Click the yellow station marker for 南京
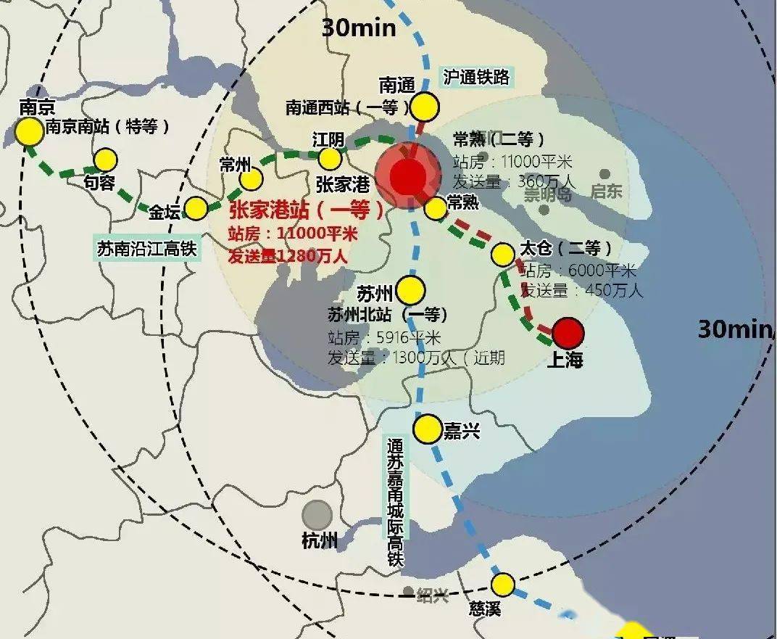[x=30, y=132]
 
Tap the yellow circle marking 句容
[x=106, y=160]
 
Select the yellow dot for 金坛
[x=196, y=209]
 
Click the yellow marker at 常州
[x=252, y=178]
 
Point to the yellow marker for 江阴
[x=331, y=158]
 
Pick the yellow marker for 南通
[x=425, y=107]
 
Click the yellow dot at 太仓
[x=502, y=255]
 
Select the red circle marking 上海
[x=568, y=333]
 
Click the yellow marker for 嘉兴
[x=428, y=429]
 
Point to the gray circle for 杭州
[x=317, y=515]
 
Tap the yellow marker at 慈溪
[x=502, y=584]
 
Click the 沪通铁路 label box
[x=476, y=77]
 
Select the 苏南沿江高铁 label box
[x=147, y=249]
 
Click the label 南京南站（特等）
[x=107, y=127]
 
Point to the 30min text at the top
[x=360, y=28]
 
